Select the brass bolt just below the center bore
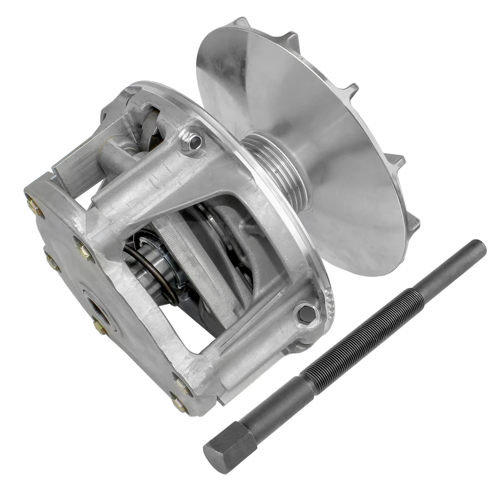101,328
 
